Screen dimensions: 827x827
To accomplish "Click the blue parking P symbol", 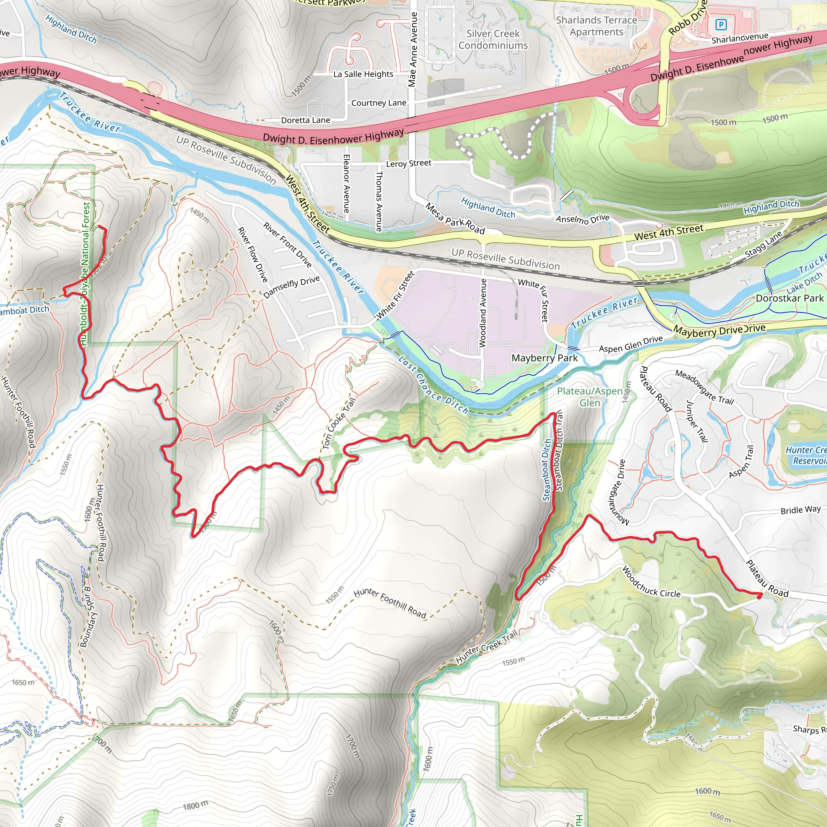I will [721, 25].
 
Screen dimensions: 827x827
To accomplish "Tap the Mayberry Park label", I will [544, 358].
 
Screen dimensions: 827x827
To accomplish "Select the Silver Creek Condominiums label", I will [493, 40].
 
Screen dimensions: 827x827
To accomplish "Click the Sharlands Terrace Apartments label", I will [596, 26].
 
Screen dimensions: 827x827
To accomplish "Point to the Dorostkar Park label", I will [789, 298].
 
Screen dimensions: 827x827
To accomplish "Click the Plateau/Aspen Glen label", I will [590, 397].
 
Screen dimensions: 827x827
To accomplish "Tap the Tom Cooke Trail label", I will [338, 423].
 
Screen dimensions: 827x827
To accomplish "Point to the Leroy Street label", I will [408, 164].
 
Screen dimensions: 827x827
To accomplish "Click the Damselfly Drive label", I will [292, 287].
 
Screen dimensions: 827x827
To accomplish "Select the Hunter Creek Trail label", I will [487, 647].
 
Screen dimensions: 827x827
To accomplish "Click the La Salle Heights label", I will [363, 74].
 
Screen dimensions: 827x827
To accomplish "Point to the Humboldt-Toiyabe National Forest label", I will [86, 274].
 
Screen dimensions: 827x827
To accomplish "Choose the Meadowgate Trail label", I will [705, 387].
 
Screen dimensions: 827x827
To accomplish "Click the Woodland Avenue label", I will [483, 313].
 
